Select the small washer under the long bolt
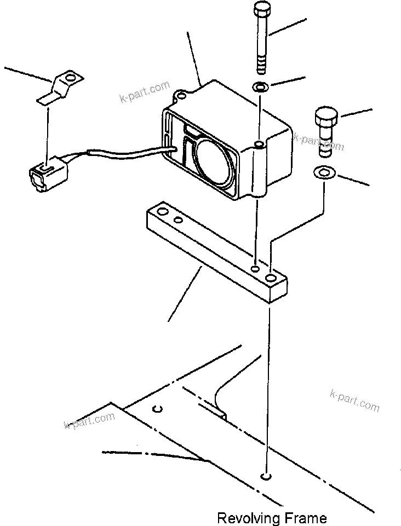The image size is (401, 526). (x=260, y=86)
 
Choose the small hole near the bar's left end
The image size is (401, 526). (x=177, y=221)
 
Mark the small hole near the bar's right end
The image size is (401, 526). (x=255, y=269)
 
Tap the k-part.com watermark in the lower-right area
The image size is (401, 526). (x=355, y=400)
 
